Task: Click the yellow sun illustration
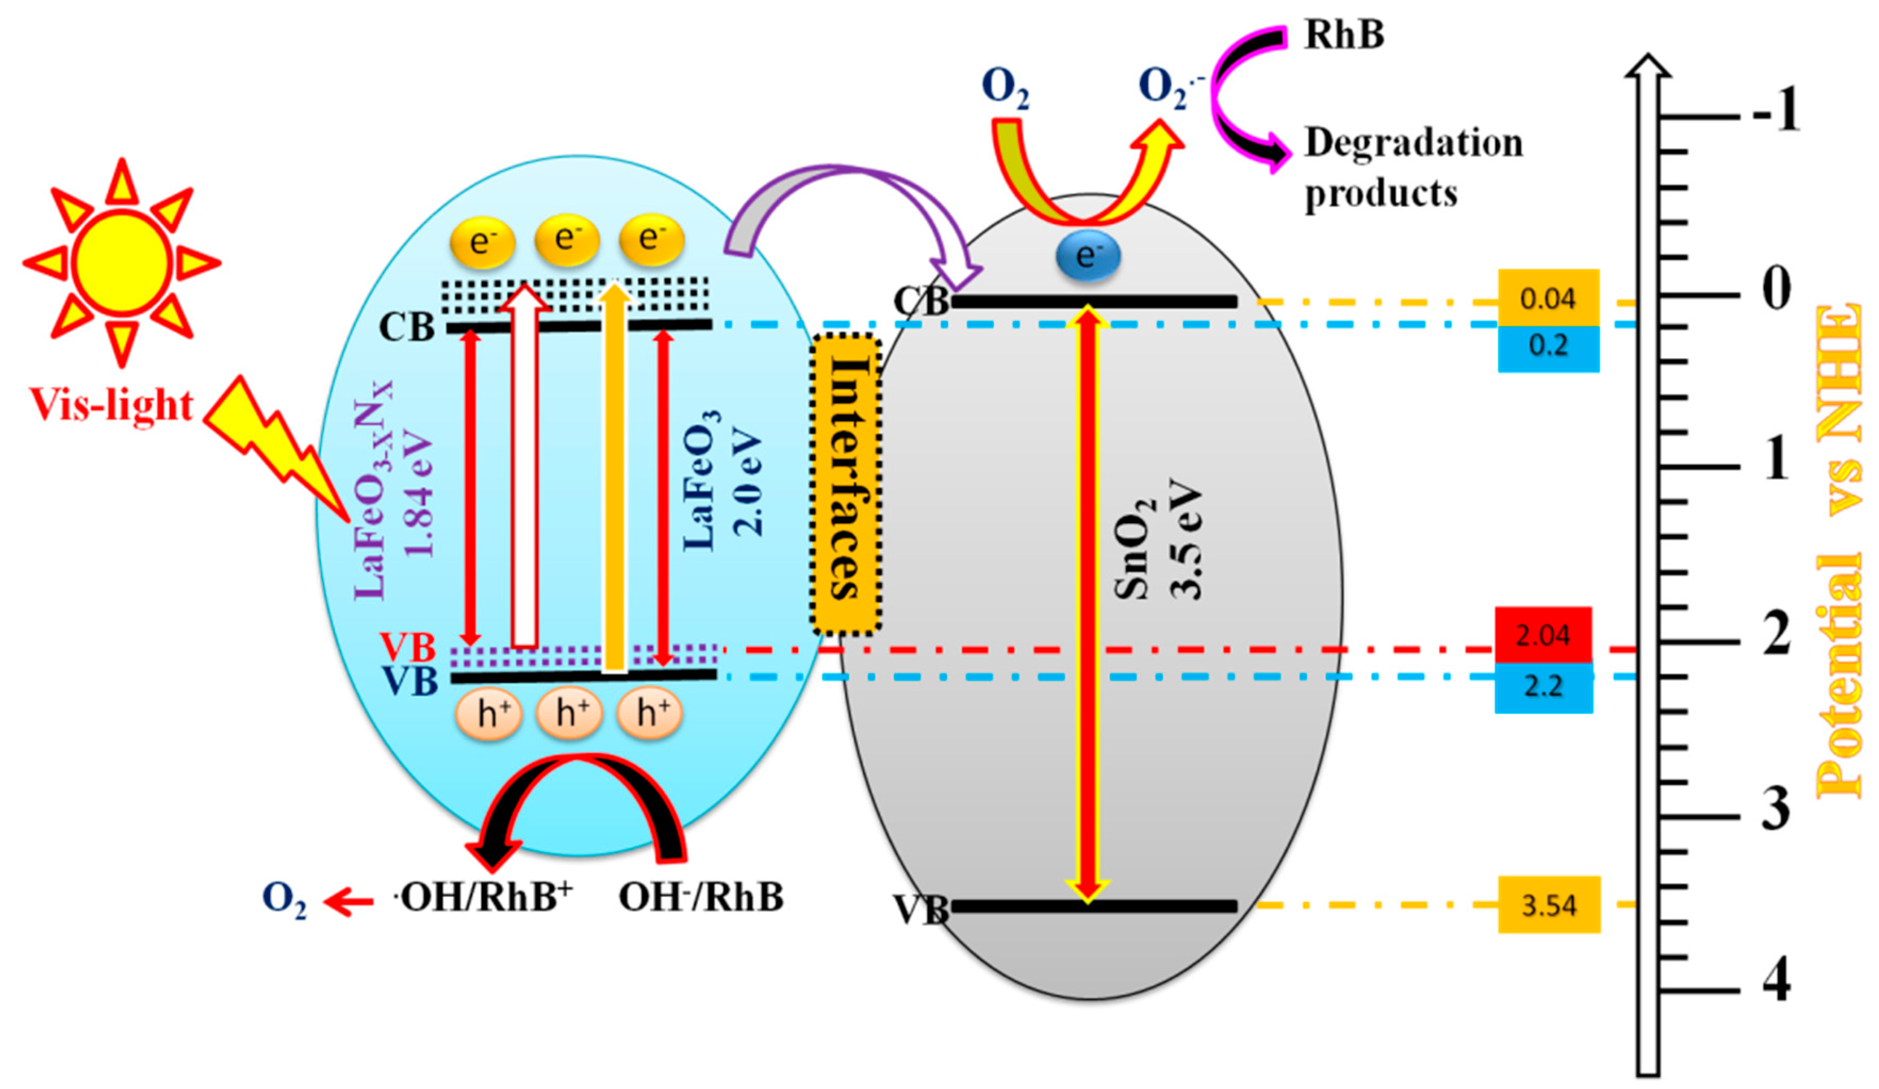click(121, 262)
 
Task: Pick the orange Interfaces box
click(845, 484)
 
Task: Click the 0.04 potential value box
click(1548, 298)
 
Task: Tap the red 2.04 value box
click(1542, 635)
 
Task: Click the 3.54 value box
click(1548, 905)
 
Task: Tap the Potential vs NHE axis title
click(1839, 551)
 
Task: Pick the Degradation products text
click(1412, 168)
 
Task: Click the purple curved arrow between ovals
click(850, 194)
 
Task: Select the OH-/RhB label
click(701, 897)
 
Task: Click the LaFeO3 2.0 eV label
click(722, 481)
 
